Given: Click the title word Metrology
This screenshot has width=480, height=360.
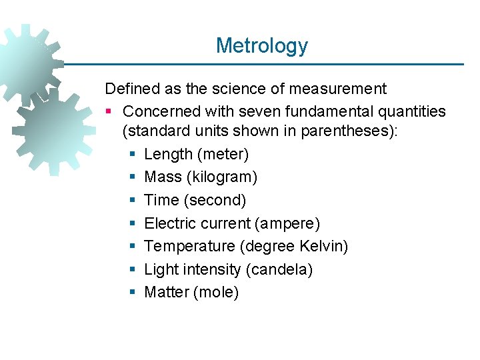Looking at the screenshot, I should tap(262, 46).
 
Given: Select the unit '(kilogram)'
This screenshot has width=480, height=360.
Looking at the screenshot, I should tap(224, 177).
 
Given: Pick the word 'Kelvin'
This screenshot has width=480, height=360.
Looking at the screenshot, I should tap(322, 246).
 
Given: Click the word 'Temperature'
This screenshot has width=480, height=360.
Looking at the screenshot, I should tap(189, 246).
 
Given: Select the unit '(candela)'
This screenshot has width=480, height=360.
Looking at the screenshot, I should tap(279, 269).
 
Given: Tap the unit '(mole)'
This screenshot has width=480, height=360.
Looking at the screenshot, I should tap(215, 292).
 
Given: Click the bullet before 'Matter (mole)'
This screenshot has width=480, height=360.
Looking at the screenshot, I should tap(131, 293).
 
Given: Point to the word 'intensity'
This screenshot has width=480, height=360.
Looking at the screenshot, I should tap(213, 269).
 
